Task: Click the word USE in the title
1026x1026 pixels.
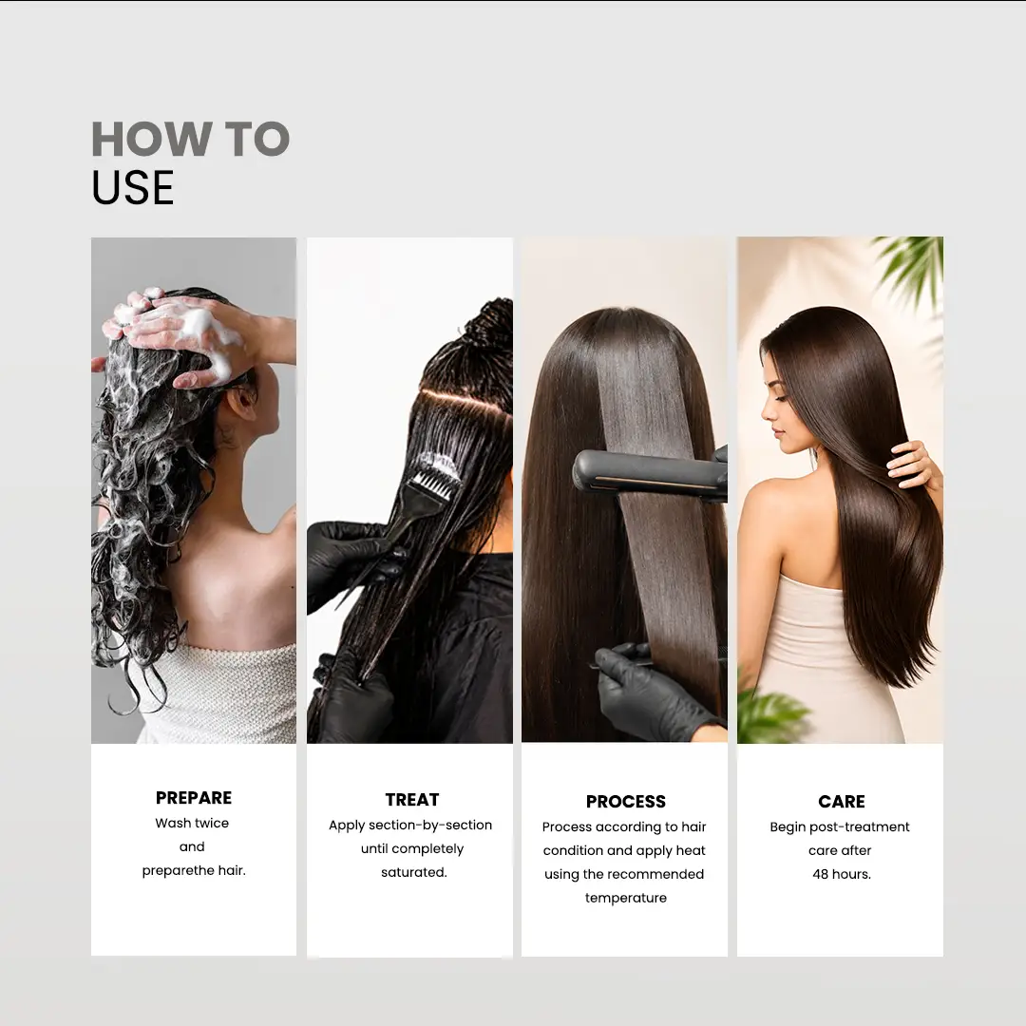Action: pyautogui.click(x=133, y=188)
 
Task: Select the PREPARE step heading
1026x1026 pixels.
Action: pyautogui.click(x=194, y=798)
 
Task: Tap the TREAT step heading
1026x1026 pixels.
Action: pyautogui.click(x=412, y=800)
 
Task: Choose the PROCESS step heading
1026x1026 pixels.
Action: pyautogui.click(x=626, y=802)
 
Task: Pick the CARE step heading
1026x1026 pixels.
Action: pyautogui.click(x=842, y=802)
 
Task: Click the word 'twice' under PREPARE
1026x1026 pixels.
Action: pyautogui.click(x=211, y=823)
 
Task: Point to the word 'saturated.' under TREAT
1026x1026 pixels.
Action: pyautogui.click(x=414, y=872)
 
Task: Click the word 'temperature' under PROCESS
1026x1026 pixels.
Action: pyautogui.click(x=626, y=898)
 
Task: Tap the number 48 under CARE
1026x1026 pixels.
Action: pyautogui.click(x=821, y=874)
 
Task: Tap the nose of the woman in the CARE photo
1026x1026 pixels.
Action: pyautogui.click(x=768, y=411)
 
